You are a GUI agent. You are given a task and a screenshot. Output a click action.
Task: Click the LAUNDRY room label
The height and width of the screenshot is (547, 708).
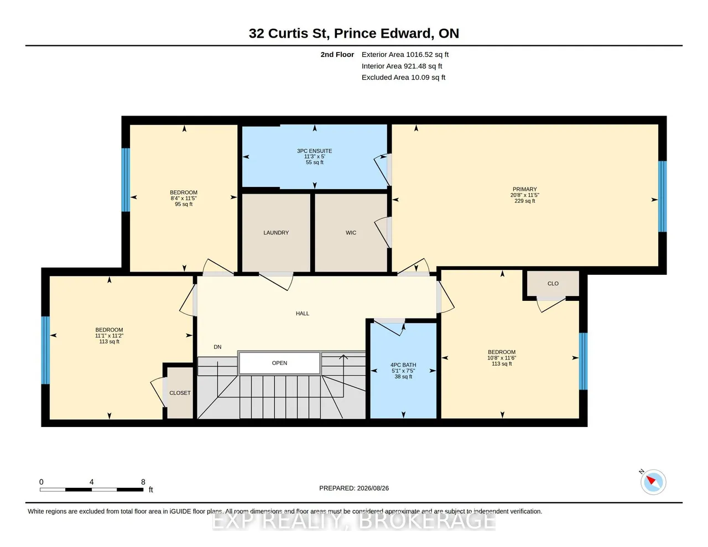pyautogui.click(x=276, y=233)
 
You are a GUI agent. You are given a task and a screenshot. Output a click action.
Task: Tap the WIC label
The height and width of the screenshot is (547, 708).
pyautogui.click(x=351, y=233)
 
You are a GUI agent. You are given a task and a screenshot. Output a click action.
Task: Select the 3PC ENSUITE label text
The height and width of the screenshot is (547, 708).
pyautogui.click(x=314, y=151)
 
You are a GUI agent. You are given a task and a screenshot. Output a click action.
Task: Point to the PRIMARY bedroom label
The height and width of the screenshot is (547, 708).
pyautogui.click(x=524, y=189)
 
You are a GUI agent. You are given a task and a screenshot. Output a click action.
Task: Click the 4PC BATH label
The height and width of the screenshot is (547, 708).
pyautogui.click(x=403, y=365)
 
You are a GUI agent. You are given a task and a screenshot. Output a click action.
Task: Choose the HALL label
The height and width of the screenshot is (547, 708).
pyautogui.click(x=303, y=314)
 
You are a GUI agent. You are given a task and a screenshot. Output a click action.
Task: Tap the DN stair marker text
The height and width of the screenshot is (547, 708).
pyautogui.click(x=217, y=347)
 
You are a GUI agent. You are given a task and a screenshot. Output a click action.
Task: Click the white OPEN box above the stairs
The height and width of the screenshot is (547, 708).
pyautogui.click(x=279, y=363)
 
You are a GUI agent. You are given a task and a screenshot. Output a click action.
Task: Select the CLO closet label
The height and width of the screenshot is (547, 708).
pyautogui.click(x=553, y=283)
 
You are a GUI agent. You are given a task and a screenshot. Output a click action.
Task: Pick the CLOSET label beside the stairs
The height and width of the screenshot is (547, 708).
pyautogui.click(x=180, y=393)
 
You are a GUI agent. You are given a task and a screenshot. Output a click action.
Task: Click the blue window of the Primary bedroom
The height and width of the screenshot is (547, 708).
pyautogui.click(x=663, y=196)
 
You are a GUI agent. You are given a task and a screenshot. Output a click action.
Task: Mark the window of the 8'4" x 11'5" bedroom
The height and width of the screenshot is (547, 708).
pyautogui.click(x=126, y=180)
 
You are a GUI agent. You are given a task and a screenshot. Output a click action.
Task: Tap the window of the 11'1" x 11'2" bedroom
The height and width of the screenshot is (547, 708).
pyautogui.click(x=45, y=350)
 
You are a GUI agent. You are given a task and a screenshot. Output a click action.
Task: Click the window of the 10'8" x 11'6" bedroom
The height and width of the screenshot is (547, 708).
pyautogui.click(x=583, y=361)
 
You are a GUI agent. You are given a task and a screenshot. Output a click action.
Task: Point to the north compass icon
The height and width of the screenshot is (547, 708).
pyautogui.click(x=653, y=482)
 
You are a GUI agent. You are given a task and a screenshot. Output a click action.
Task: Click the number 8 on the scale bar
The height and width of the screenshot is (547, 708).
pyautogui.click(x=143, y=482)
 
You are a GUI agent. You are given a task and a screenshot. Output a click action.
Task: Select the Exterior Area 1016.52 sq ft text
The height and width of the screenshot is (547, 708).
pyautogui.click(x=405, y=55)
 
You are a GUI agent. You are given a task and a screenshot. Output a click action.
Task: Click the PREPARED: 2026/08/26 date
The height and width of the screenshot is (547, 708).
pyautogui.click(x=354, y=488)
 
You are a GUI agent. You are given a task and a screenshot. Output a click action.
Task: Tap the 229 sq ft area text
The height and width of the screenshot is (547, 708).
pyautogui.click(x=524, y=201)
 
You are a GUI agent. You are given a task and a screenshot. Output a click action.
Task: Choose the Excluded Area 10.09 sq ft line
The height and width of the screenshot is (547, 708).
pyautogui.click(x=403, y=77)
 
